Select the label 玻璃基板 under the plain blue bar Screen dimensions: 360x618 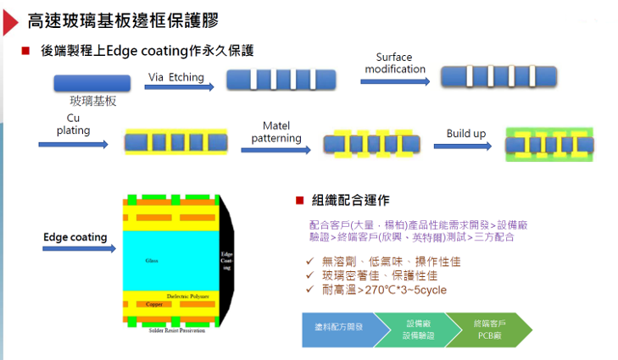tap(92, 101)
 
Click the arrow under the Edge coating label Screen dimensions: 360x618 tap(76, 249)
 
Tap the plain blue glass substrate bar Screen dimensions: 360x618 tap(92, 83)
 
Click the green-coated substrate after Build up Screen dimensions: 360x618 tap(542, 145)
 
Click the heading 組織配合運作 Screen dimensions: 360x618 tap(351, 200)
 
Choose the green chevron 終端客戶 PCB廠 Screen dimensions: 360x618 tap(493, 327)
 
